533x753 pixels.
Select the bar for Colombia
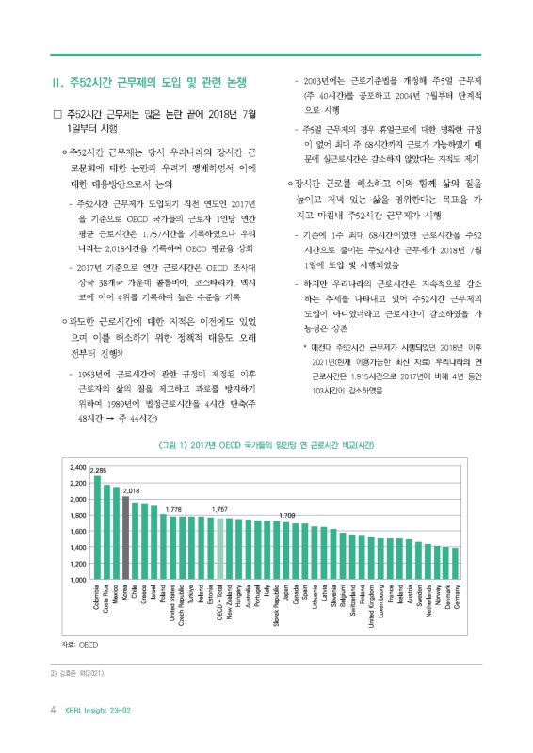(97, 527)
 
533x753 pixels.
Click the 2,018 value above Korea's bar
(132, 491)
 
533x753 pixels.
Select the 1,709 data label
(288, 516)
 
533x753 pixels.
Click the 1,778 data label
(173, 509)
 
